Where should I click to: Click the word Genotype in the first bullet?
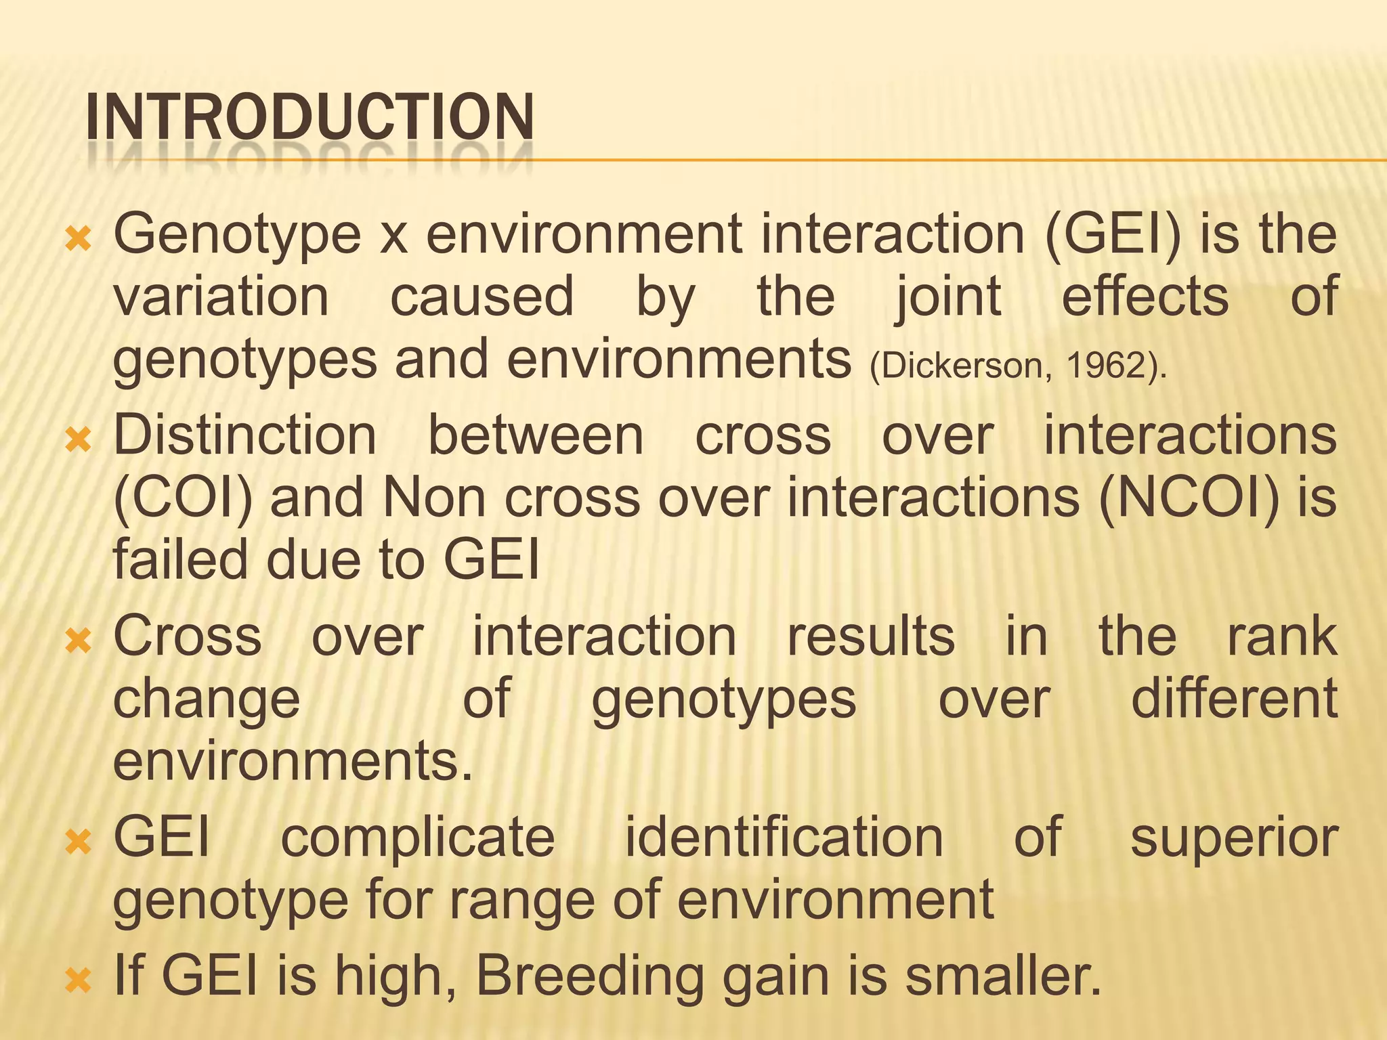click(237, 234)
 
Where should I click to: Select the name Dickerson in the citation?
click(961, 366)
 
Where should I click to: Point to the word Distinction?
click(244, 435)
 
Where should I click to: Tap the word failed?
click(180, 561)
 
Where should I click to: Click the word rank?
click(1282, 636)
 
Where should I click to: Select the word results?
click(871, 636)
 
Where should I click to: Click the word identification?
click(784, 838)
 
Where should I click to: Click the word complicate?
click(418, 838)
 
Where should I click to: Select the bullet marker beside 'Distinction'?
click(79, 440)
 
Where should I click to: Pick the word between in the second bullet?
click(536, 435)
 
